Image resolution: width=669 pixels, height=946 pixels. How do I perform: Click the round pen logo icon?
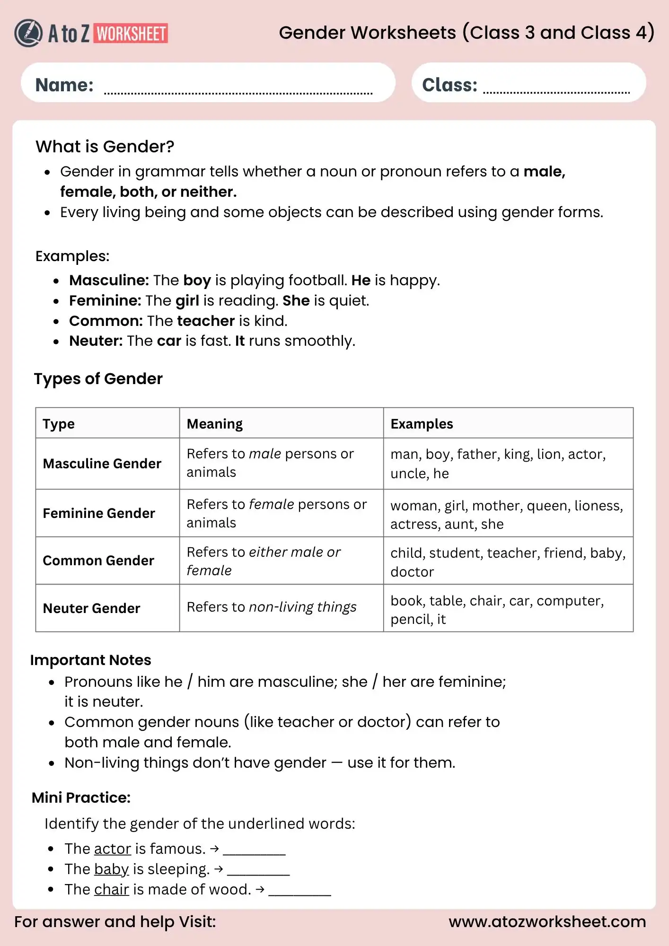click(28, 33)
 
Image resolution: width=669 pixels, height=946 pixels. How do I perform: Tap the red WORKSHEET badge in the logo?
click(131, 34)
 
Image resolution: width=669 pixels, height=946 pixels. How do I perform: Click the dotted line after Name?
click(238, 93)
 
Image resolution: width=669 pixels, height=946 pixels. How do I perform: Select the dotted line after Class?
click(556, 92)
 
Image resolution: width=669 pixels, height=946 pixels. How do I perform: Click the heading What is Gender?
click(105, 147)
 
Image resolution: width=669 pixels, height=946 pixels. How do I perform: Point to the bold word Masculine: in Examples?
click(109, 280)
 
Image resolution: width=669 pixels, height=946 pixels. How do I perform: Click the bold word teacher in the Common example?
click(206, 321)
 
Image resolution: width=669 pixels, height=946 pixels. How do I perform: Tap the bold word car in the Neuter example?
click(169, 341)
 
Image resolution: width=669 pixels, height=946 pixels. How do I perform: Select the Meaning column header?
click(214, 424)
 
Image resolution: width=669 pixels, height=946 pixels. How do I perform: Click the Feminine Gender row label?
click(99, 513)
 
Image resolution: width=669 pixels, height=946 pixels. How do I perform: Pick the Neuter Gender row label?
click(91, 608)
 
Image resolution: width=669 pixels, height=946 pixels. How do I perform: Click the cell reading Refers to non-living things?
click(271, 607)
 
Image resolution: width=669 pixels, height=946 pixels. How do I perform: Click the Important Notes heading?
click(90, 660)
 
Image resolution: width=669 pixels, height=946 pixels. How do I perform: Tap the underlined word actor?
click(112, 850)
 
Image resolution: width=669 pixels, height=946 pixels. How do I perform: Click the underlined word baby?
click(111, 870)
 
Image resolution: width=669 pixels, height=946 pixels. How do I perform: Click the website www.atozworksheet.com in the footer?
click(547, 922)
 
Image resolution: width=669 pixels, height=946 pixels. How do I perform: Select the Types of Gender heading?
click(98, 379)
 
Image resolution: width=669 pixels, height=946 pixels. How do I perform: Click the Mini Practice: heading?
click(81, 798)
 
